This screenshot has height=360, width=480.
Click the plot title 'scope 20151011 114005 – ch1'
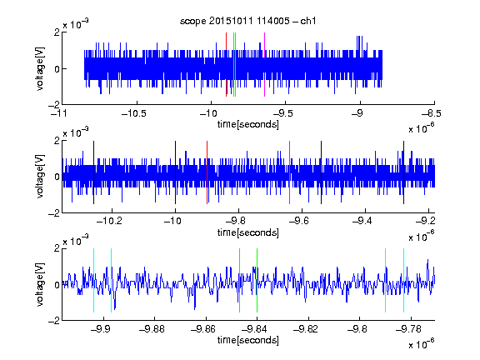(x=248, y=21)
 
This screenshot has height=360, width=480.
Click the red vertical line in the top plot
(x=226, y=65)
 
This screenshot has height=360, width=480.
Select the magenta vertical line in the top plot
(x=264, y=65)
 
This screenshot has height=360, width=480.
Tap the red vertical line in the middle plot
(x=207, y=172)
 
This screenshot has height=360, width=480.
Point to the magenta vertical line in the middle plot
(x=290, y=172)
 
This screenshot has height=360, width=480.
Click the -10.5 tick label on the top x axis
(x=134, y=114)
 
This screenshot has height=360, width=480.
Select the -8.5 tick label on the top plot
(x=432, y=114)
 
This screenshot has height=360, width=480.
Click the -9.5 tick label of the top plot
(x=282, y=114)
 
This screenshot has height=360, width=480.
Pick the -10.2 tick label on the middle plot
(x=109, y=221)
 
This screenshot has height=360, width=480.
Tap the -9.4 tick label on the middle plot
(x=362, y=221)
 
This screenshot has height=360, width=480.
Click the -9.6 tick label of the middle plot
(x=299, y=221)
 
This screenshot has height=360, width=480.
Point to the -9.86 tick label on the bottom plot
(x=203, y=329)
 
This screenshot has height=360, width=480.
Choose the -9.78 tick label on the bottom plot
(x=408, y=329)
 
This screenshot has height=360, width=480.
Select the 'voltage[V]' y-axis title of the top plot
(x=40, y=68)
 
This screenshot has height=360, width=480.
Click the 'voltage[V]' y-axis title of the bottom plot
(x=40, y=285)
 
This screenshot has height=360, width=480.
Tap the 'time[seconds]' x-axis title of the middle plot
(x=248, y=232)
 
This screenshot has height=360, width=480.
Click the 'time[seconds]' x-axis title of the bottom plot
(x=248, y=340)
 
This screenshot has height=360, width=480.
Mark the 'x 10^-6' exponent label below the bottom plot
(x=421, y=343)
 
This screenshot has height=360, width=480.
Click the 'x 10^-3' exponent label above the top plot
(x=76, y=23)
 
